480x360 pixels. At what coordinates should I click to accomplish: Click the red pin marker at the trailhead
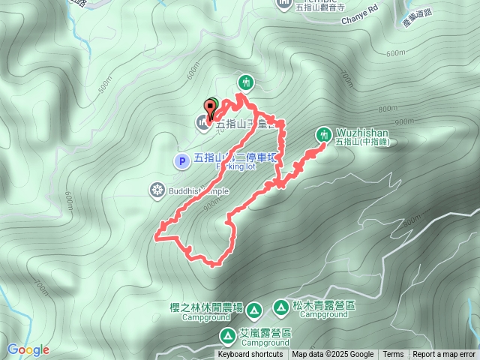point(208,108)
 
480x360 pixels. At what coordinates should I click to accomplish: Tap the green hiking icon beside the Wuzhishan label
point(324,134)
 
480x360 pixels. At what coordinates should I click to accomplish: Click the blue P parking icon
point(181,160)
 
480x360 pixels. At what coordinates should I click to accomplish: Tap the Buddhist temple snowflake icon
point(157,190)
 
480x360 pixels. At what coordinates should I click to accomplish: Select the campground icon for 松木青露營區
point(280,307)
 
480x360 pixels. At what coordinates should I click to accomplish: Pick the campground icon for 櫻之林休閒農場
point(253,309)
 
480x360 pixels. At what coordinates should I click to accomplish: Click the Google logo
point(28,349)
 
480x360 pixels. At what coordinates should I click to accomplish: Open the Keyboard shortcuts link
point(250,355)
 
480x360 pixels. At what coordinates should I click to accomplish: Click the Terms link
point(393,355)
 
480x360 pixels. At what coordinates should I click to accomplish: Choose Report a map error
point(444,355)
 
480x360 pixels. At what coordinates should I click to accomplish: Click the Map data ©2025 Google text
point(332,355)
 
